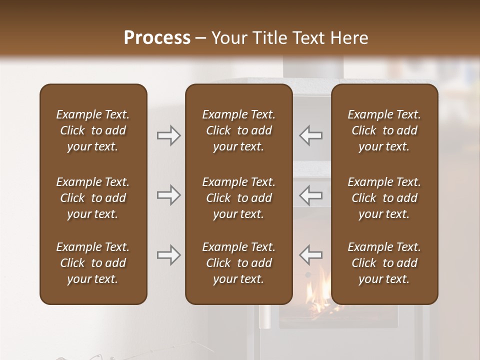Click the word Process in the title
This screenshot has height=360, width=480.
coord(157,38)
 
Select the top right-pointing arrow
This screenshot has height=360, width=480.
coord(168,135)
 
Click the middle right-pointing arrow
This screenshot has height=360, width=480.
coord(168,194)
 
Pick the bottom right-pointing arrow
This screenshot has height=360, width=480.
coord(168,255)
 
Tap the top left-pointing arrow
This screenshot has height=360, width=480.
coord(311,135)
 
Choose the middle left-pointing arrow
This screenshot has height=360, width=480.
coord(311,194)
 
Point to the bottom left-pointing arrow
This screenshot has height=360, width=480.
coord(311,255)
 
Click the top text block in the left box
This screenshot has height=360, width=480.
coord(93,130)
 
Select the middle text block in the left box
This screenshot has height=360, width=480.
coord(93,198)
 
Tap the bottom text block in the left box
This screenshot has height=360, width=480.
coord(93,263)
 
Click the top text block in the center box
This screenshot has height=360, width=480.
coord(238,130)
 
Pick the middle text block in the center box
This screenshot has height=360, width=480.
coord(238,198)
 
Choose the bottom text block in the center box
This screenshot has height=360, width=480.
coord(238,263)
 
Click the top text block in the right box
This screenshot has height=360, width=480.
coord(384,130)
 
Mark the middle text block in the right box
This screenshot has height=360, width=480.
coord(384,198)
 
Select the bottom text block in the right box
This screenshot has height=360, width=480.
coord(384,263)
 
